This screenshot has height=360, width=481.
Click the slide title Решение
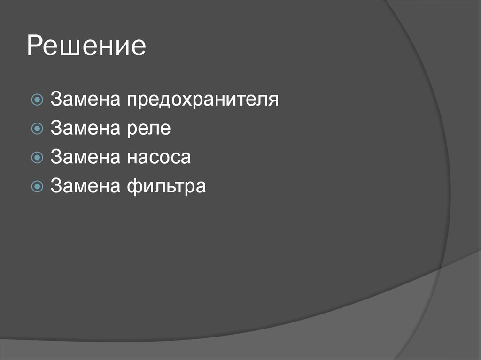point(86,47)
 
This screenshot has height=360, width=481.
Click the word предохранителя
point(202,100)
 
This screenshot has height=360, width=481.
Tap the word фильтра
point(165,186)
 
